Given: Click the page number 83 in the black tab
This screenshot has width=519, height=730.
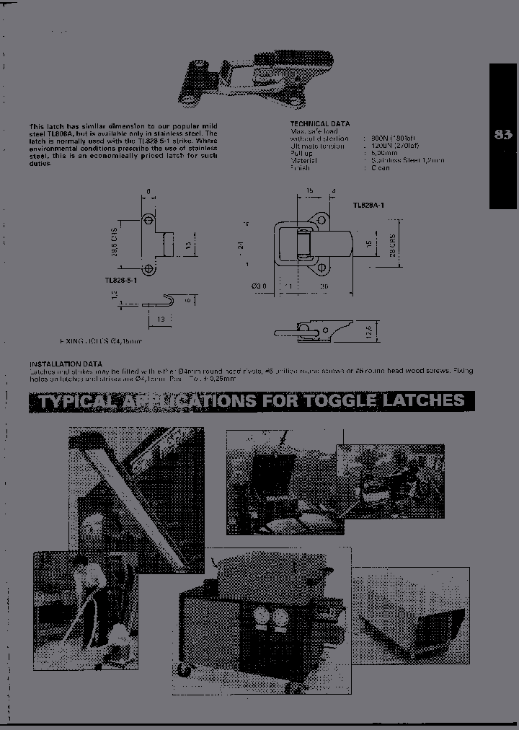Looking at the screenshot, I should click(503, 134).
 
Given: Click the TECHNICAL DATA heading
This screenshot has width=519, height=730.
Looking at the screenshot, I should click(319, 124).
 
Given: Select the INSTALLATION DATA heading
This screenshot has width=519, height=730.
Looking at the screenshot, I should click(66, 364).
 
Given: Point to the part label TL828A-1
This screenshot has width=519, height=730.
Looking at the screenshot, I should click(368, 206).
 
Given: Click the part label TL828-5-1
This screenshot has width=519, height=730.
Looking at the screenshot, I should click(120, 280).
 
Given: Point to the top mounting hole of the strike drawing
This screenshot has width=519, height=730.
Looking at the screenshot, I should click(148, 219).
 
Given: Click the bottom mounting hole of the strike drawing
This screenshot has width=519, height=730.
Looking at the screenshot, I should click(148, 269).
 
